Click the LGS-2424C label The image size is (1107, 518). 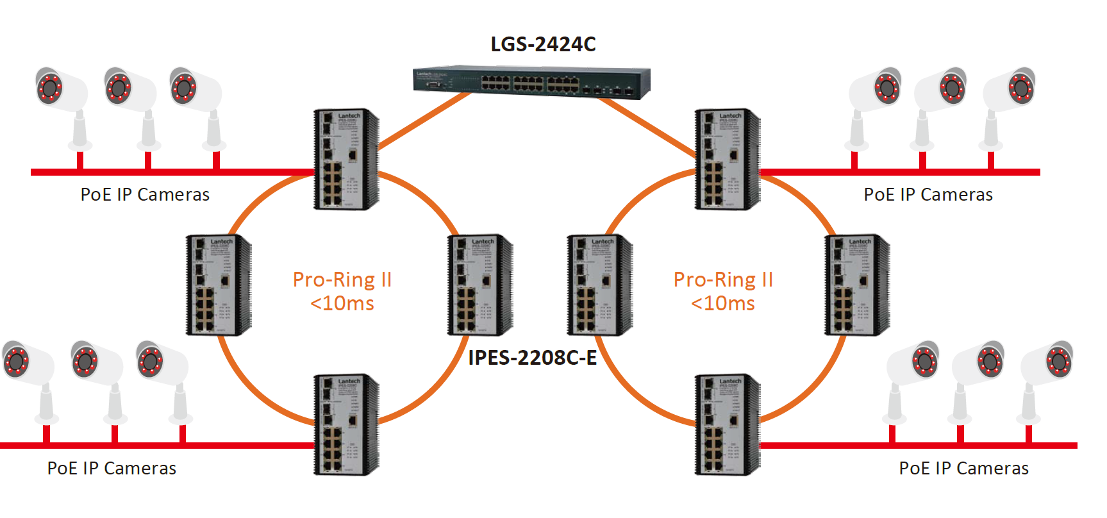543,44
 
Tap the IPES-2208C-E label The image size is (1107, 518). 532,358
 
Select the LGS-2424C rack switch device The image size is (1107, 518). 531,83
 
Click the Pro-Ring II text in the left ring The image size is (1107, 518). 342,280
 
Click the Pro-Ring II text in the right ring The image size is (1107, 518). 723,280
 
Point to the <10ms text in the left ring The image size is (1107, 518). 342,303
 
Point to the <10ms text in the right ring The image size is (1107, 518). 722,303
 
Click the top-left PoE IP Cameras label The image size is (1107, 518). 145,195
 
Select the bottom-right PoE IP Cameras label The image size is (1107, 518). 963,469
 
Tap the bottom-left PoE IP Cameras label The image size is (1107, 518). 112,469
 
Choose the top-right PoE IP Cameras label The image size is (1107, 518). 928,195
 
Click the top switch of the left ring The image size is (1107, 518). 345,159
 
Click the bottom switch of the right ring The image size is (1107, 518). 728,425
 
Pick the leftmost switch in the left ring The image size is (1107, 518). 218,285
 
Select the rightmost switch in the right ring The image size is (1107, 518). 857,285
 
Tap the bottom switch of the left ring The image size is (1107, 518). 345,425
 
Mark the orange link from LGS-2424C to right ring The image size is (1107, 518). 647,127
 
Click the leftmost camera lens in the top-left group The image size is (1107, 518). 49,87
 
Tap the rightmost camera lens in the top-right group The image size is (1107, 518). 1021,87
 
